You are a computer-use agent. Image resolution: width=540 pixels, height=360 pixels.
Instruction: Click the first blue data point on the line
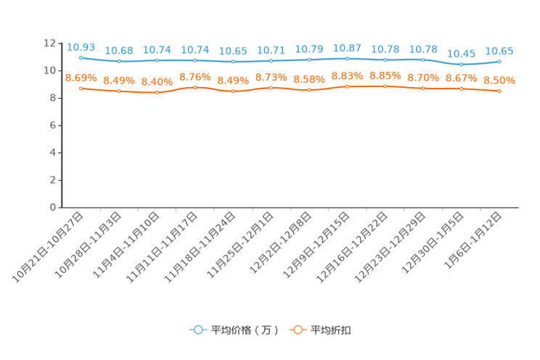coord(81,57)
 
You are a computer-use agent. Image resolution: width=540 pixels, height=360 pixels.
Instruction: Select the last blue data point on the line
coord(499,62)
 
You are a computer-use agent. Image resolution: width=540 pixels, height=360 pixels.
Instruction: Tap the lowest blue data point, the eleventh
coord(461,65)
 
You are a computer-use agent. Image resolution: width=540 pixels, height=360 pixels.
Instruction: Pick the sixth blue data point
coord(271,61)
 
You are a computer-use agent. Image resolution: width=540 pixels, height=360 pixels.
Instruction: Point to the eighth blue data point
coord(347,58)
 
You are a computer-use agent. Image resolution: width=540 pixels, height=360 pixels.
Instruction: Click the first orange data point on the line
coord(81,88)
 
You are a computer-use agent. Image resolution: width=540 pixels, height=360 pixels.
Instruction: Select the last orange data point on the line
coord(499,91)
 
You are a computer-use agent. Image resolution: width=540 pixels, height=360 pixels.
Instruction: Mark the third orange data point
coord(157,93)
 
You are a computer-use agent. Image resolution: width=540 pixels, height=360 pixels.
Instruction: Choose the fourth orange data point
coord(195,87)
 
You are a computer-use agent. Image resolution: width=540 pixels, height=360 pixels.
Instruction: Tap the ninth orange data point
coord(385,86)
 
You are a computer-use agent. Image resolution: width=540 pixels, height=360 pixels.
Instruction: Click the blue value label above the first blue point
coord(81,47)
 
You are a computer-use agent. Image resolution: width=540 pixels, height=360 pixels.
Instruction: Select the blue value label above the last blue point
coord(499,51)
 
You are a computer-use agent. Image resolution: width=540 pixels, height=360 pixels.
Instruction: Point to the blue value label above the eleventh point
coord(461,54)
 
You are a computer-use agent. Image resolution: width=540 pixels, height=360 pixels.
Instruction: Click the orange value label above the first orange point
coord(81,77)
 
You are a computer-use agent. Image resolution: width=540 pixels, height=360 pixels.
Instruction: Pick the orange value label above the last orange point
coord(499,80)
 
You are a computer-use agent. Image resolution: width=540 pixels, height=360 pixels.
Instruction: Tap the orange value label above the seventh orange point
coord(309,78)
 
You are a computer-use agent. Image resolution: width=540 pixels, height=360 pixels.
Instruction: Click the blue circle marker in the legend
coord(197,330)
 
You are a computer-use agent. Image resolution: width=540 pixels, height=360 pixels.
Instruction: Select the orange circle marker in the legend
coord(298,330)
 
